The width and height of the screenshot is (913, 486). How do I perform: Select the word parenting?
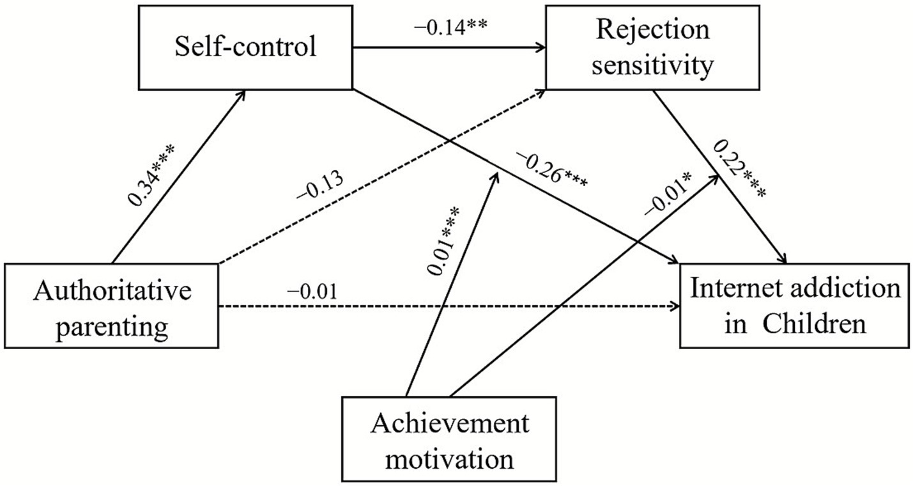point(111,327)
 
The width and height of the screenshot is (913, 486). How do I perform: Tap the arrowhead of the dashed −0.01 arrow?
point(675,308)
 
